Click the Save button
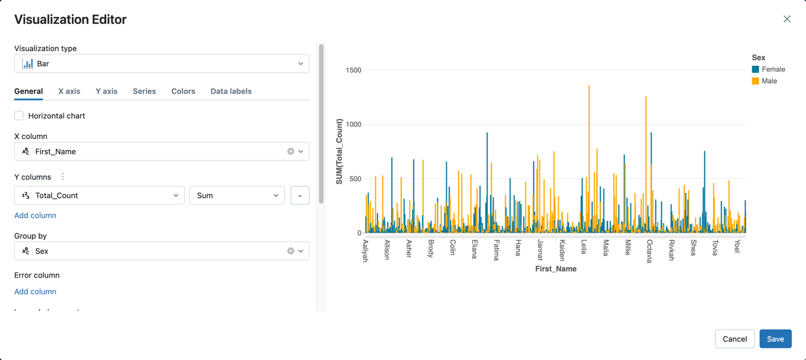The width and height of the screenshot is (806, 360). (x=775, y=339)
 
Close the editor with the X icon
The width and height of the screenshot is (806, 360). (x=787, y=19)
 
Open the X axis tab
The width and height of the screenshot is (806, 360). (x=69, y=91)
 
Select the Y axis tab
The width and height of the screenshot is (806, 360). (x=106, y=91)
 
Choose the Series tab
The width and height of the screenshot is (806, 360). (x=144, y=91)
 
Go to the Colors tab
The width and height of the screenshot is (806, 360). (x=183, y=91)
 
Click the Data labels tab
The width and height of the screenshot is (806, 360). (x=231, y=91)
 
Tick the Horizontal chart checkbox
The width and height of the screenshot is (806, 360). (x=19, y=116)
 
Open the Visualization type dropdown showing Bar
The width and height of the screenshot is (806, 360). (x=162, y=63)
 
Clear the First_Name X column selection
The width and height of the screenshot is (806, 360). (x=291, y=151)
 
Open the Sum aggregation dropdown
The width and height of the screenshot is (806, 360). (x=237, y=195)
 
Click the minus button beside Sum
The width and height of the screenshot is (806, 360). (x=300, y=195)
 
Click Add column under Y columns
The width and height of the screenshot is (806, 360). (x=35, y=215)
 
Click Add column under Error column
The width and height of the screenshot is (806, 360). (x=35, y=291)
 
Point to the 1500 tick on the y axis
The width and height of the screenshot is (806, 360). (x=353, y=70)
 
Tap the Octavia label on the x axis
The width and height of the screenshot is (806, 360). (x=649, y=251)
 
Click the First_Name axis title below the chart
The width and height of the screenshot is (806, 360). (x=556, y=269)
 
